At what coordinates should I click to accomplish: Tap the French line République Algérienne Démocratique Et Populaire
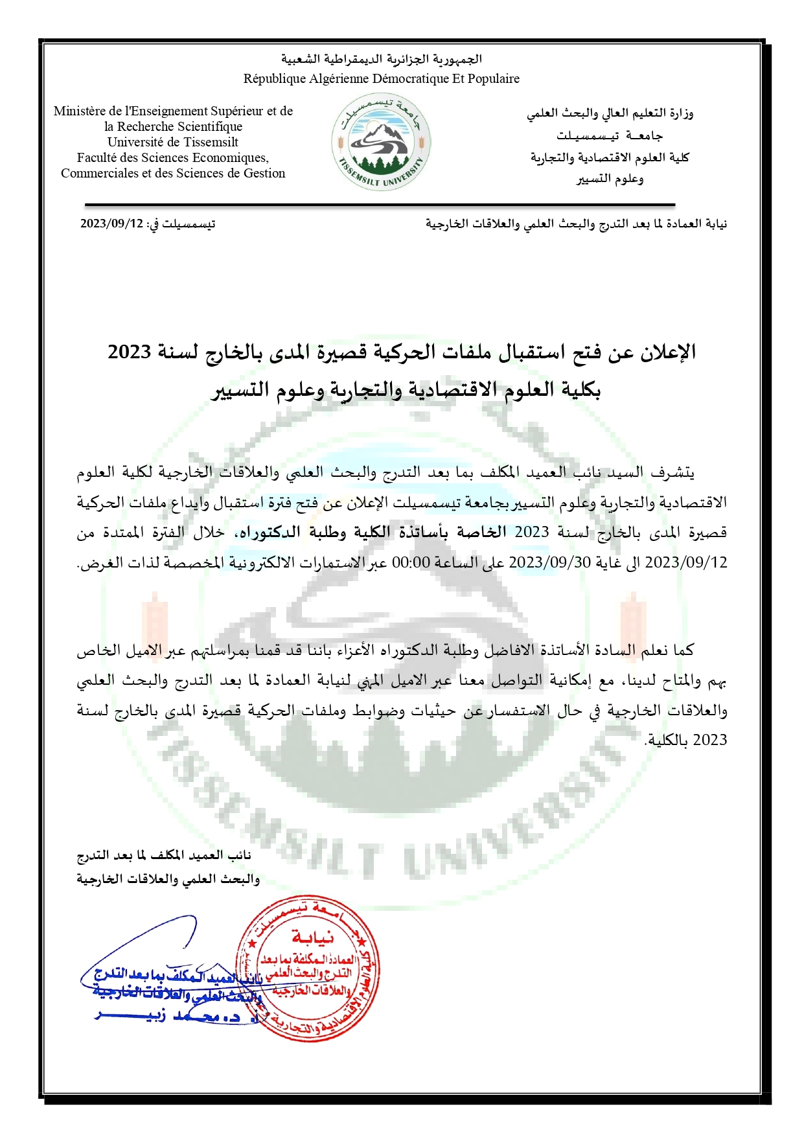[381, 79]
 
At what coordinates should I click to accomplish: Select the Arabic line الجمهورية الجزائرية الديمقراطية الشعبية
[381, 60]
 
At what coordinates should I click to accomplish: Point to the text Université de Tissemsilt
[173, 143]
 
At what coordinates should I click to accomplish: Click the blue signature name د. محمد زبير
[168, 1016]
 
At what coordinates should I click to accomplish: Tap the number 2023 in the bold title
[130, 352]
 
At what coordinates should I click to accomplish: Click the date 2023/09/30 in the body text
[549, 562]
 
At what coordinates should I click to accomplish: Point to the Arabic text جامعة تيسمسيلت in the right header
[609, 136]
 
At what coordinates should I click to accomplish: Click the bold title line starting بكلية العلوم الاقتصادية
[406, 389]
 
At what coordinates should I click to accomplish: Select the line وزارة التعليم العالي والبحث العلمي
[610, 113]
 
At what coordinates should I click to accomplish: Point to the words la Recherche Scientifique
[173, 127]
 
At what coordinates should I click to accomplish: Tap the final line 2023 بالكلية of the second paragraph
[686, 740]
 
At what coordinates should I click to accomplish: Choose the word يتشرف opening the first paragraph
[673, 473]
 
